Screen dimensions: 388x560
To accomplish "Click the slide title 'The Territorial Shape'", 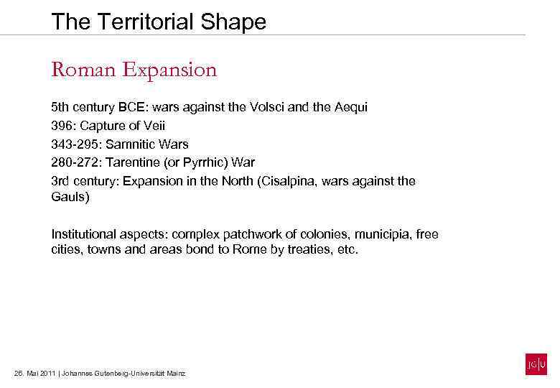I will click(x=159, y=22).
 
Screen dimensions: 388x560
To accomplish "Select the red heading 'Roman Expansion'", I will click(x=134, y=70).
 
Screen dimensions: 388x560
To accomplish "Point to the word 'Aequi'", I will click(x=351, y=107).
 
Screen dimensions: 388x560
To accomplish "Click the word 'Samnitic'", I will click(x=131, y=144).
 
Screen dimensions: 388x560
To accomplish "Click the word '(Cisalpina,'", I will click(x=284, y=182).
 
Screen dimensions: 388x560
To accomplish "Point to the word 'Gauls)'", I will click(x=70, y=197).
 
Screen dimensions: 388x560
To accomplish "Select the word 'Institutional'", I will click(x=85, y=235).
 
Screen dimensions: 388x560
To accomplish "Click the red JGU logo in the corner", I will click(x=536, y=365).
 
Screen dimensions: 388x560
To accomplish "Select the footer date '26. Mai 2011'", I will click(x=34, y=374).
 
